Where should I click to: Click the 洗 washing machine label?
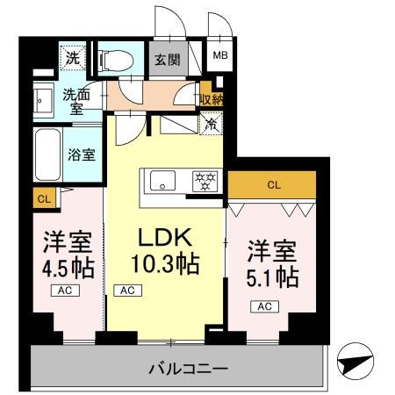pyautogui.click(x=72, y=59)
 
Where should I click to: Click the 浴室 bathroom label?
pyautogui.click(x=83, y=152)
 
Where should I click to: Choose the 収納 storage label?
pyautogui.click(x=212, y=98)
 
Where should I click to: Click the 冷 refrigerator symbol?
pyautogui.click(x=211, y=126)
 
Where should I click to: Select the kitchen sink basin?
pyautogui.click(x=162, y=182)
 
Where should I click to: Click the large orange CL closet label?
pyautogui.click(x=273, y=184)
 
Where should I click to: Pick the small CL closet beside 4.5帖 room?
pyautogui.click(x=44, y=199)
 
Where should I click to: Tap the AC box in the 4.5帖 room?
pyautogui.click(x=66, y=291)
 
